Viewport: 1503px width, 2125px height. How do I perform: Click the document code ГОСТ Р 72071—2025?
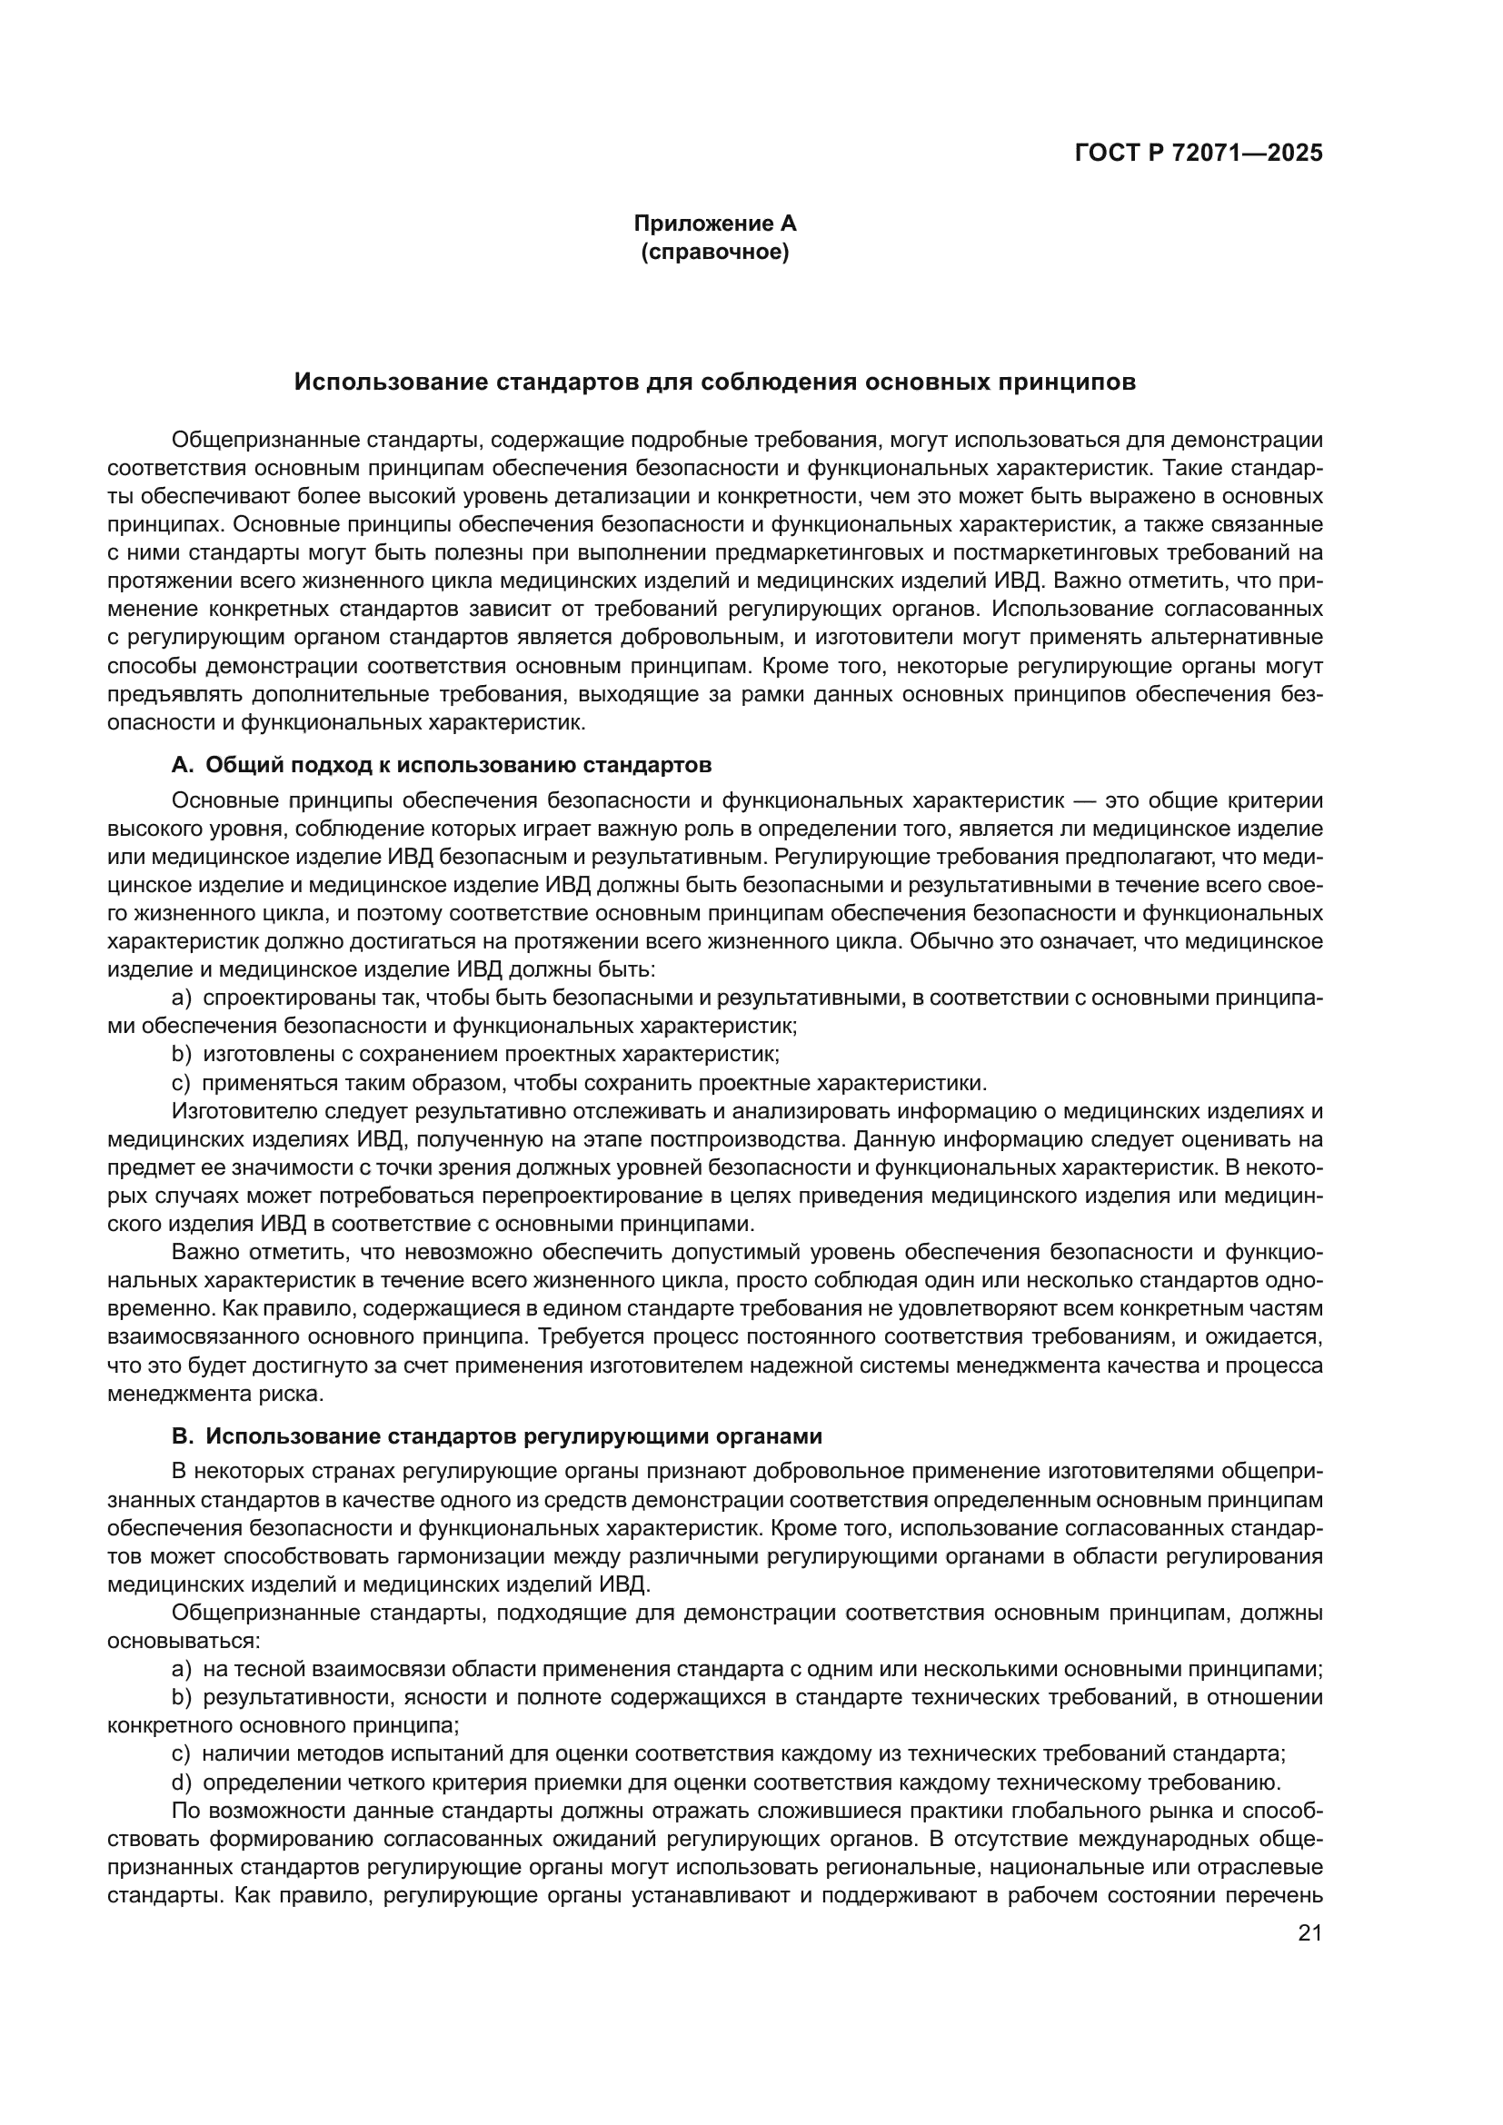[x=1199, y=154]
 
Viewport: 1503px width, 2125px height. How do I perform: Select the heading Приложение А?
[x=714, y=223]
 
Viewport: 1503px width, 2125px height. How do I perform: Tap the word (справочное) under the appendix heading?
[x=714, y=252]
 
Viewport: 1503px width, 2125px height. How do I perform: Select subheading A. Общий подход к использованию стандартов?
[x=442, y=765]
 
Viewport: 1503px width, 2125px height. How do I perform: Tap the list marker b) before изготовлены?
[x=182, y=1054]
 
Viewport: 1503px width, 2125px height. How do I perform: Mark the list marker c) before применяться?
[x=182, y=1083]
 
